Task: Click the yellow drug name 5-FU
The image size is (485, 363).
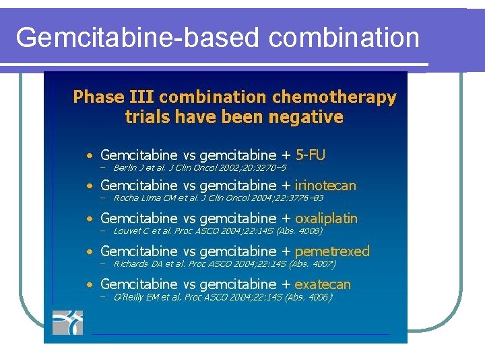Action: pyautogui.click(x=311, y=155)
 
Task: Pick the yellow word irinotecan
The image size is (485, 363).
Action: pyautogui.click(x=325, y=186)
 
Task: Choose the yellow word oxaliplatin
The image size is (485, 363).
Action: pyautogui.click(x=326, y=218)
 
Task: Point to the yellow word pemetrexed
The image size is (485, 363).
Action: pyautogui.click(x=332, y=251)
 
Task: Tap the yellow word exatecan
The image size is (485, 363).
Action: pyautogui.click(x=323, y=284)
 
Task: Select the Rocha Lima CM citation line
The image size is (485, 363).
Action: pyautogui.click(x=218, y=198)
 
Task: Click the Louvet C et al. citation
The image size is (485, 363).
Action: pyautogui.click(x=218, y=231)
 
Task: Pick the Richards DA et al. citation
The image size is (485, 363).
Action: pyautogui.click(x=225, y=264)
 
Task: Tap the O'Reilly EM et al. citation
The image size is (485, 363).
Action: pyautogui.click(x=224, y=296)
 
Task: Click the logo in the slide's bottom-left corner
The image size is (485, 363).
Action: pyautogui.click(x=67, y=322)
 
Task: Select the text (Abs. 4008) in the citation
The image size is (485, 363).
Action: pyautogui.click(x=299, y=231)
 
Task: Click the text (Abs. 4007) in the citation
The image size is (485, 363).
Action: pyautogui.click(x=313, y=264)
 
